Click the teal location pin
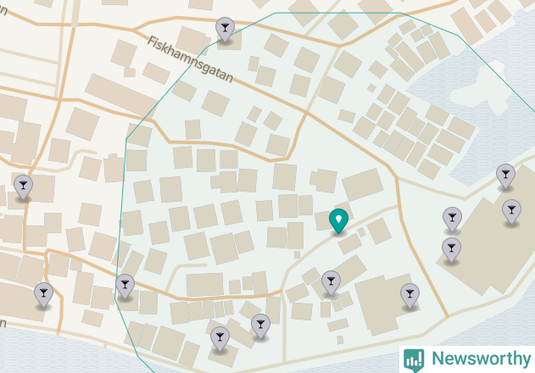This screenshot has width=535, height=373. point(338,220)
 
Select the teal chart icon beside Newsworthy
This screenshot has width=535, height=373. point(414,359)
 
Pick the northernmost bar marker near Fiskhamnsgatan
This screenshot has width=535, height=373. point(225,29)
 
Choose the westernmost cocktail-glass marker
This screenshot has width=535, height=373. point(23,185)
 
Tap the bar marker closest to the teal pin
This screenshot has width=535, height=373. point(331,281)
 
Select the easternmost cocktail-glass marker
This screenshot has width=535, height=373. point(511,209)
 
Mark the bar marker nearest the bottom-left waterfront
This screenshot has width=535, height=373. point(43,293)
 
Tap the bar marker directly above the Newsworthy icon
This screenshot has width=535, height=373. point(410,293)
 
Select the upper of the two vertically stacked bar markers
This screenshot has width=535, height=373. point(452,218)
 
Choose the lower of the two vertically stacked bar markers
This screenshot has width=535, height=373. point(452,248)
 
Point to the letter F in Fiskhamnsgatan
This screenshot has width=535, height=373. point(152,40)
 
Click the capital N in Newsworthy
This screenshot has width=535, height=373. point(437,359)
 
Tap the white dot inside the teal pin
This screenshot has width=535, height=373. point(338,219)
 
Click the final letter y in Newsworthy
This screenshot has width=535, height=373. point(521,360)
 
